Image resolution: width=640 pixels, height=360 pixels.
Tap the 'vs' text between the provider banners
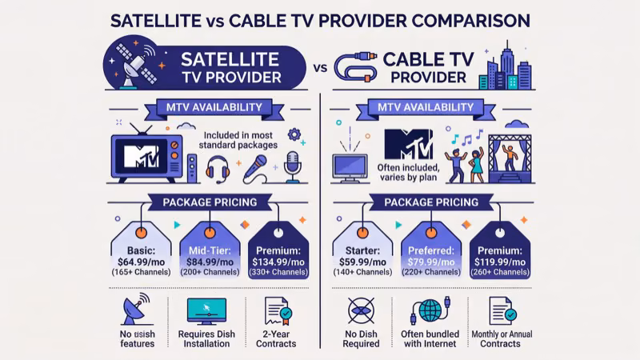pos(320,70)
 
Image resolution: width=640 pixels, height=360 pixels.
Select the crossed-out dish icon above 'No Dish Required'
pos(362,310)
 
